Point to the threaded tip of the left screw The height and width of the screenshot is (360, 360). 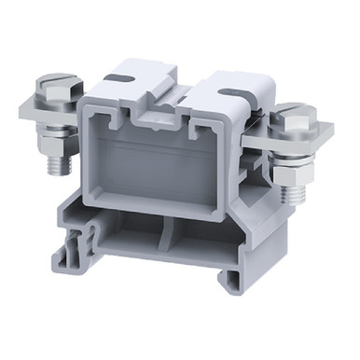click(57, 167)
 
